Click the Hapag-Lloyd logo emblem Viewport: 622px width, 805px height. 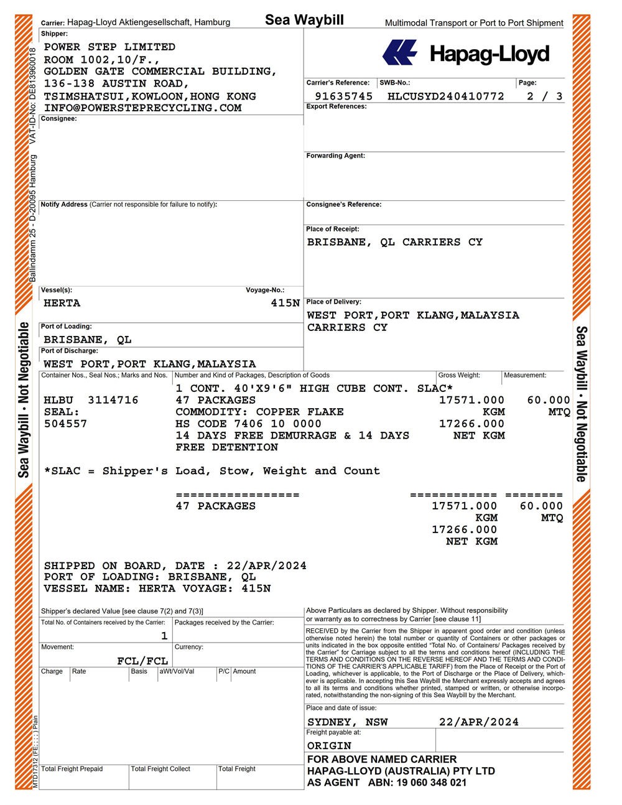400,52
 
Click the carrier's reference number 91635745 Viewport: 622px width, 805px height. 344,96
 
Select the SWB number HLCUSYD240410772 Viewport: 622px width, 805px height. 445,96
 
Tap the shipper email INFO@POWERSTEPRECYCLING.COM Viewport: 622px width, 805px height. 142,108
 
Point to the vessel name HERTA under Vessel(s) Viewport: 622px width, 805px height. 62,304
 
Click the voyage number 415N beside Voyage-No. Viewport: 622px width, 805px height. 285,304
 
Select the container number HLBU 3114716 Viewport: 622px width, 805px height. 91,400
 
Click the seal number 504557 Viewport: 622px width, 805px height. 65,424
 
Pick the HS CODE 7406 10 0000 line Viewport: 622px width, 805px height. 248,424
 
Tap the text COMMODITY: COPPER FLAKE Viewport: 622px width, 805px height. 259,412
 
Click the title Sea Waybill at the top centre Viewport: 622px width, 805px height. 304,20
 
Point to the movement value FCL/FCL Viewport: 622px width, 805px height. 142,661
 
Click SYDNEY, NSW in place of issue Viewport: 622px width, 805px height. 347,722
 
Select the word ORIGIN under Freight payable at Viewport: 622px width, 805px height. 329,746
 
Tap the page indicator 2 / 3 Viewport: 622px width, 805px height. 544,96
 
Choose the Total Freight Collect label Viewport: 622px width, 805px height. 160,769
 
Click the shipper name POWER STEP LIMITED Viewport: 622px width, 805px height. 109,47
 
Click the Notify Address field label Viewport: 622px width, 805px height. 63,205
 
